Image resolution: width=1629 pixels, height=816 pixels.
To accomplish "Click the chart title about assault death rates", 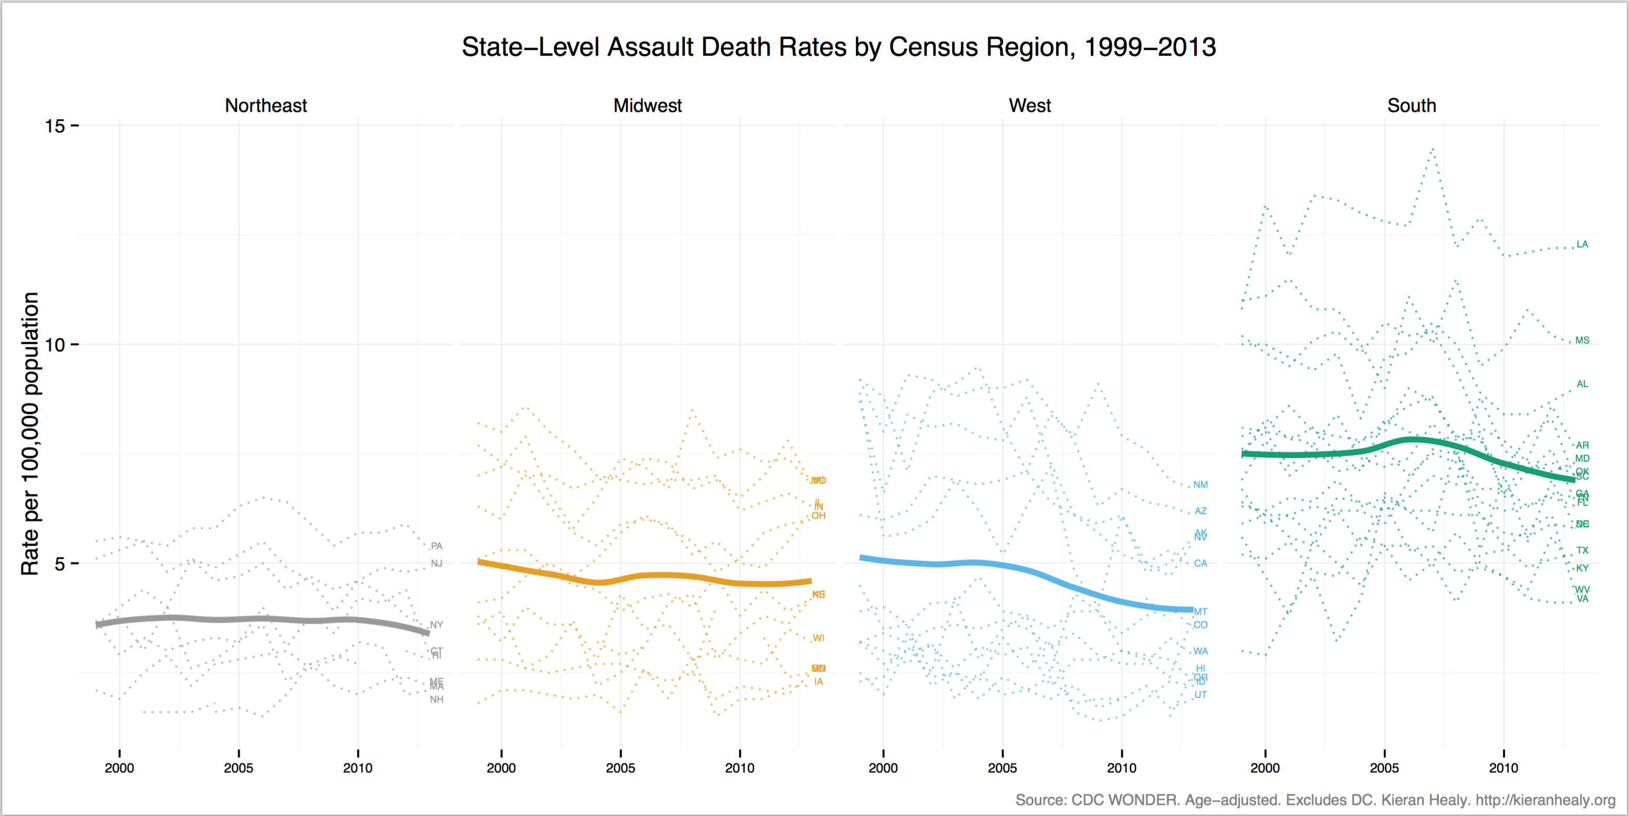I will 839,47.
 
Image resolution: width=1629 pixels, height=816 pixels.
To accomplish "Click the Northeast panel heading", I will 266,106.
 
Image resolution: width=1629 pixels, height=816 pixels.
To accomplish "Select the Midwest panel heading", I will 648,106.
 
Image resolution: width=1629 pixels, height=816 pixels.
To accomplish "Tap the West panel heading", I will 1029,106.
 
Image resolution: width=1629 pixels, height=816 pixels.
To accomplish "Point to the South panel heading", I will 1412,106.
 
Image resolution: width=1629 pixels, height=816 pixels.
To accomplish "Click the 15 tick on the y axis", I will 55,126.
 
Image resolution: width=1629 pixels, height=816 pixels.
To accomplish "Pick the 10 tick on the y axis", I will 55,345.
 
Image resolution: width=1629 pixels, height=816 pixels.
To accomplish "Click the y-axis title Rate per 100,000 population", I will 30,433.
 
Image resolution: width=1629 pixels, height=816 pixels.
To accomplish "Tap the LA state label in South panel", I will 1582,244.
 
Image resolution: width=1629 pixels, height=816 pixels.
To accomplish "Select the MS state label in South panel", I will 1582,340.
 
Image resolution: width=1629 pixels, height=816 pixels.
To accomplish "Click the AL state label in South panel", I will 1582,384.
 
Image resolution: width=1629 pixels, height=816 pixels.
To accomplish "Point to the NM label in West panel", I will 1200,485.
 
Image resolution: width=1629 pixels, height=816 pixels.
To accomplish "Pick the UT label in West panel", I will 1200,695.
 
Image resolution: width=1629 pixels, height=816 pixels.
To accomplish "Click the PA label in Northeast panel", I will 436,546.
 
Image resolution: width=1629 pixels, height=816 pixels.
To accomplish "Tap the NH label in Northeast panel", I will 436,699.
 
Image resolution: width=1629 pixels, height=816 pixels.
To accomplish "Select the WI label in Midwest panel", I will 818,637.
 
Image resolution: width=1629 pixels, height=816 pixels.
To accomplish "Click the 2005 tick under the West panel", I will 1003,768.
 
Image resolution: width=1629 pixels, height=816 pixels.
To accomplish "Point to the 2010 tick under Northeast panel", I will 358,768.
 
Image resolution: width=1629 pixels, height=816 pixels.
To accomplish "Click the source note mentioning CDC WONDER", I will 1315,800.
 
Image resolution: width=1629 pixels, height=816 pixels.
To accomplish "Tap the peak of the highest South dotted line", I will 1432,149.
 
